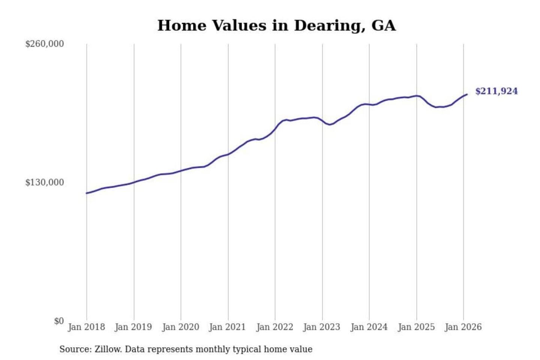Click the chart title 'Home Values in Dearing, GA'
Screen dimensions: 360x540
click(x=276, y=25)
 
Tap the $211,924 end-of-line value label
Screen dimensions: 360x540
click(x=496, y=91)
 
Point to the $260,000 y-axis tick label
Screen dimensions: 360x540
click(x=45, y=44)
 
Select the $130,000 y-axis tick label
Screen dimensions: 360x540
click(x=45, y=183)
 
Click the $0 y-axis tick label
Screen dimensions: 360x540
click(x=58, y=321)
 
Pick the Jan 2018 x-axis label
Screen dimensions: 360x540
click(x=86, y=327)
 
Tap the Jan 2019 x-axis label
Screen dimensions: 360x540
click(x=133, y=327)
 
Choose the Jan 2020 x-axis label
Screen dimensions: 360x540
click(x=180, y=327)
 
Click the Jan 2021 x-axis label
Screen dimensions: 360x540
click(x=227, y=327)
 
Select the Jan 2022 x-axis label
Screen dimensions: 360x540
click(x=274, y=327)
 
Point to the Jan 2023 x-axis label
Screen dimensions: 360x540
click(x=321, y=327)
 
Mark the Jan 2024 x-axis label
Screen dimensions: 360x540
click(x=369, y=327)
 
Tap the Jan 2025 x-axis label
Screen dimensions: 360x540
click(x=416, y=327)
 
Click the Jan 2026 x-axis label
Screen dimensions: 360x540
click(x=463, y=327)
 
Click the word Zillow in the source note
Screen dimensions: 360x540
click(x=108, y=349)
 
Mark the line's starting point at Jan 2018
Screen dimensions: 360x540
click(x=87, y=193)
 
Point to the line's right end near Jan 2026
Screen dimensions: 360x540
click(x=467, y=94)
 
